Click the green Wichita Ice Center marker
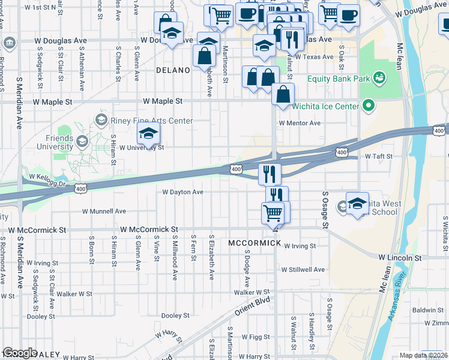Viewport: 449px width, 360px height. (369, 107)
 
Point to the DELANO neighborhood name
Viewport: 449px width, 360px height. (173, 70)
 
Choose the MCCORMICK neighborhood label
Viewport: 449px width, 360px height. (255, 243)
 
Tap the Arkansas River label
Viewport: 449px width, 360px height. (399, 298)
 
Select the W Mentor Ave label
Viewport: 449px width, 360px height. (300, 123)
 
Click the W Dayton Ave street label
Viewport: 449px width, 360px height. (183, 192)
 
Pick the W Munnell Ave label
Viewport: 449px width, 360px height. (104, 211)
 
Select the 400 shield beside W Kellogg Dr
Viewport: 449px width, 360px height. (80, 189)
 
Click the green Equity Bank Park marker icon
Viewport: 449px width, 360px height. (379, 77)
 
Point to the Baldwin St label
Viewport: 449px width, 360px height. (427, 310)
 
